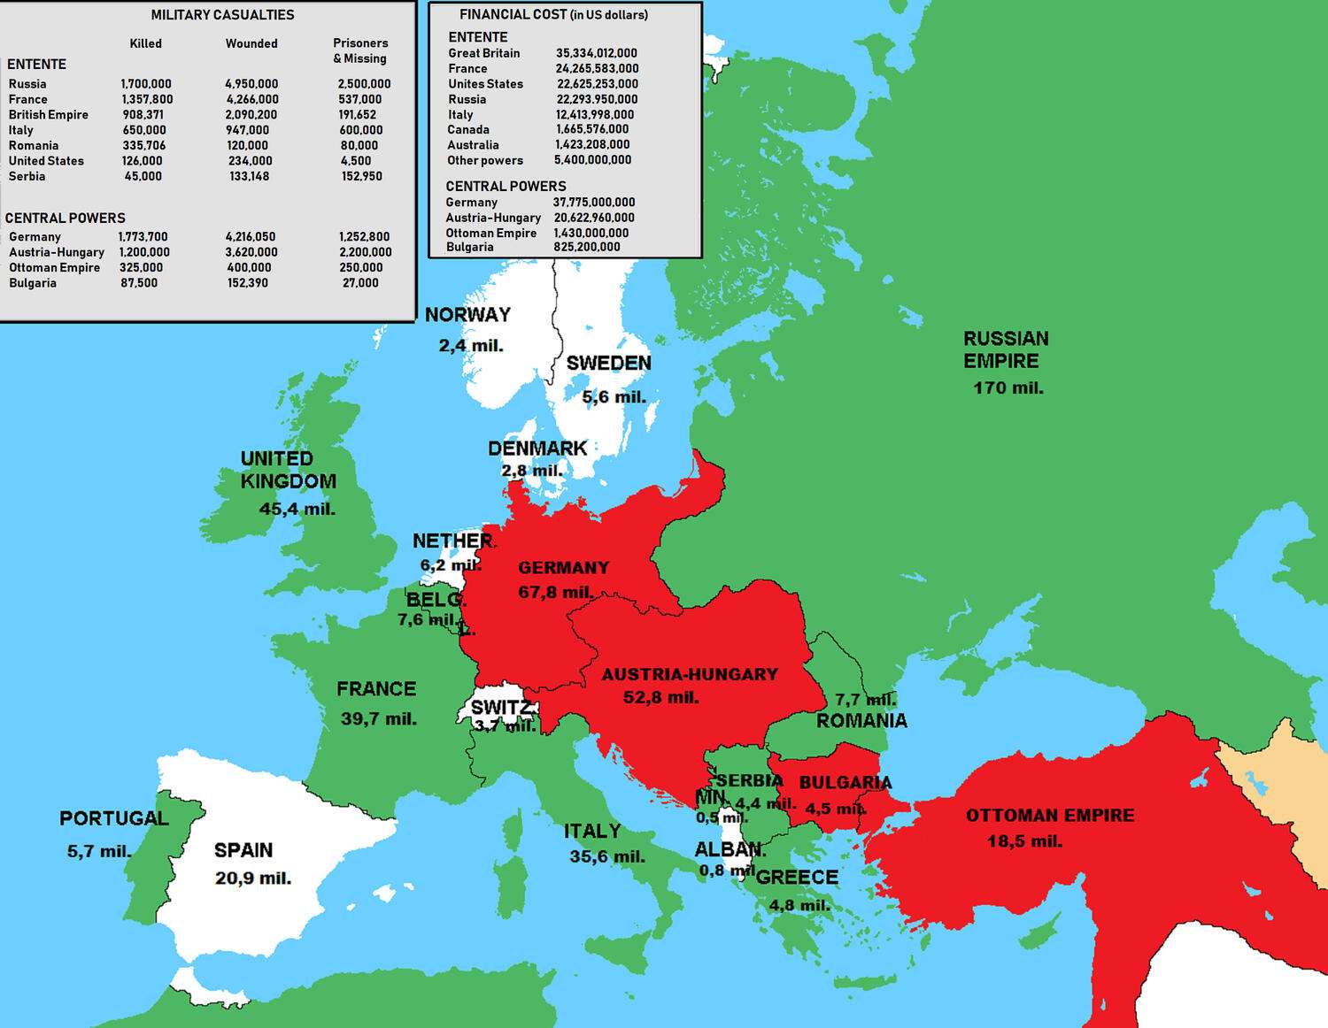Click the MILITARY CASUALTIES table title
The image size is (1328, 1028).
[x=222, y=15]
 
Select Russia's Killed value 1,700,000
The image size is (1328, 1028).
[x=146, y=84]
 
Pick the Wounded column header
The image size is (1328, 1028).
[x=251, y=43]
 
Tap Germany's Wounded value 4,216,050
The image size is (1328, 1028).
[x=251, y=237]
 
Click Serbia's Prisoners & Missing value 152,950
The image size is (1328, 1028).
[x=362, y=176]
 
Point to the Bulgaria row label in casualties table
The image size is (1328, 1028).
[x=33, y=283]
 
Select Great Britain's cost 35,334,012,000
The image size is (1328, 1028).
[x=597, y=53]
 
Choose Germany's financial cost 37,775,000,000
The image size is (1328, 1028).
[x=594, y=203]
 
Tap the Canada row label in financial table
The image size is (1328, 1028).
[x=468, y=129]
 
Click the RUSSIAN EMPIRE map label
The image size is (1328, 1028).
[x=1006, y=349]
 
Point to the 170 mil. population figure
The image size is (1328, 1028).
[x=1008, y=387]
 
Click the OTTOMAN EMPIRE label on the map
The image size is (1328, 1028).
[x=1050, y=816]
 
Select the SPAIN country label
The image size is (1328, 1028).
[x=243, y=850]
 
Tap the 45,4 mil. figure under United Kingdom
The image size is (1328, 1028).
[x=297, y=509]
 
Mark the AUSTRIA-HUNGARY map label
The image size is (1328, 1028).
[x=690, y=674]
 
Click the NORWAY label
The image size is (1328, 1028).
[x=467, y=315]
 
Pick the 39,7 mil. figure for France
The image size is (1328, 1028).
[x=378, y=718]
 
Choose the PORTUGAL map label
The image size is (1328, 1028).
[x=113, y=818]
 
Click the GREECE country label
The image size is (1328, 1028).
[x=797, y=877]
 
